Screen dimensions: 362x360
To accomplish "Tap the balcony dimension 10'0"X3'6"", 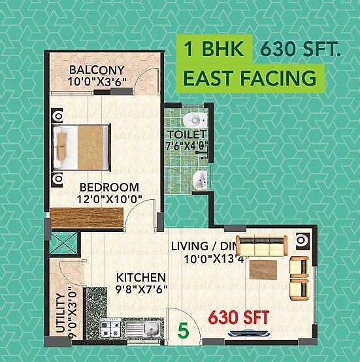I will tap(97, 82).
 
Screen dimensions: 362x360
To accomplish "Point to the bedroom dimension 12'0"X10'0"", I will tap(108, 199).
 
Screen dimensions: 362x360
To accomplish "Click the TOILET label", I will tap(186, 135).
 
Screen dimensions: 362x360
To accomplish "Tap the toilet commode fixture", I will tap(194, 120).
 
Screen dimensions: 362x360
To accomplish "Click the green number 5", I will tap(184, 330).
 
